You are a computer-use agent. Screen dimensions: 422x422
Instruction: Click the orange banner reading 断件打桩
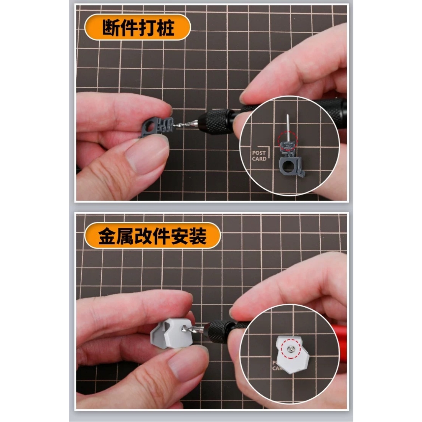[137, 27]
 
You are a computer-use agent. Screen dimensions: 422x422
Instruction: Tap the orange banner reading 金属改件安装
[152, 236]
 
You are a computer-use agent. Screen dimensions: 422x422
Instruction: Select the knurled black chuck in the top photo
[215, 121]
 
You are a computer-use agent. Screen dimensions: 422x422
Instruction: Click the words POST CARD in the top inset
[259, 156]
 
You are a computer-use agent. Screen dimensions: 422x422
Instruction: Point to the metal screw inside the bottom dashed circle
[291, 349]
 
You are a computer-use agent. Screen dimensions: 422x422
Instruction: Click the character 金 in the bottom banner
[107, 236]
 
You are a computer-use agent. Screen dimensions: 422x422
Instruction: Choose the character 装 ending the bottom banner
[198, 236]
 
